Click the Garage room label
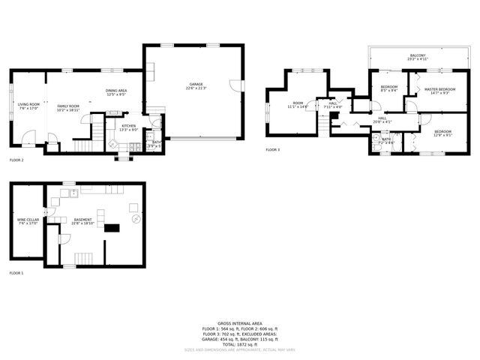click(x=196, y=84)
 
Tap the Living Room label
click(x=29, y=105)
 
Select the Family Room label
click(x=68, y=106)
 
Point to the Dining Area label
click(x=116, y=91)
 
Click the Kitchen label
click(x=129, y=125)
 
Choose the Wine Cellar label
click(x=28, y=220)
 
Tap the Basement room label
click(x=82, y=220)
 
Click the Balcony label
click(x=417, y=55)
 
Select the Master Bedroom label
click(x=436, y=89)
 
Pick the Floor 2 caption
click(x=16, y=160)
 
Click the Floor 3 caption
click(x=273, y=150)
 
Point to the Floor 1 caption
click(x=16, y=273)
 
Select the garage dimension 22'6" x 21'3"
click(x=196, y=88)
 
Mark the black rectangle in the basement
click(x=112, y=228)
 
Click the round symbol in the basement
click(x=136, y=219)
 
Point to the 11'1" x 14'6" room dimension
click(x=298, y=107)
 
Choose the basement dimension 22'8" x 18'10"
click(x=82, y=224)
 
